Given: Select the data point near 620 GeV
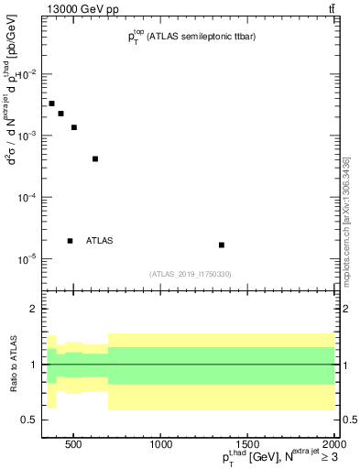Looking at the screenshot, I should [x=95, y=158].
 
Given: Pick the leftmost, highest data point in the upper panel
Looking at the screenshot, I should [x=52, y=104].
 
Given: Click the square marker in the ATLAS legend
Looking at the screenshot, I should [x=70, y=241].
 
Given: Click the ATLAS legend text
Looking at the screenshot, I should [x=99, y=241].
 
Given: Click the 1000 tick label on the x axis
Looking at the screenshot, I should [x=161, y=446].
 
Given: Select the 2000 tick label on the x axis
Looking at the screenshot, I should [x=333, y=446].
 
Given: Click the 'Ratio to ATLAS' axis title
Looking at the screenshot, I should [x=12, y=365].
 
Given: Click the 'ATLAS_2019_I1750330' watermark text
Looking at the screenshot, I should [x=190, y=274].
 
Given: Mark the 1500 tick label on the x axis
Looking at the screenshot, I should [x=247, y=446].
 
